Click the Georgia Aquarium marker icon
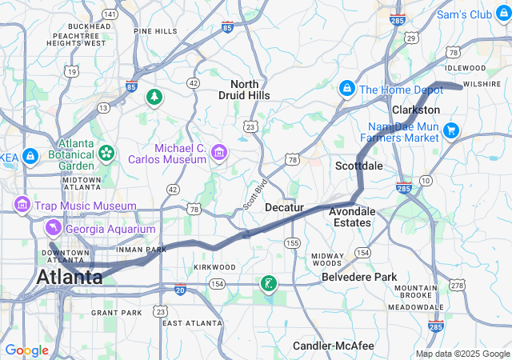[x=53, y=229]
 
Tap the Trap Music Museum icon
[x=21, y=206]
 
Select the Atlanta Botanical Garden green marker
[x=106, y=152]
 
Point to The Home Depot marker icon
[x=347, y=89]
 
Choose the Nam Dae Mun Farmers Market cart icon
[x=451, y=130]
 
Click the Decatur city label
[x=285, y=207]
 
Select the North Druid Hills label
[x=250, y=90]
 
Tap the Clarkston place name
[x=416, y=110]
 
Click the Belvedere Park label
[x=359, y=277]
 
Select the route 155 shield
[x=294, y=242]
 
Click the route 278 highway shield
[x=456, y=285]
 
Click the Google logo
[x=27, y=350]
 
